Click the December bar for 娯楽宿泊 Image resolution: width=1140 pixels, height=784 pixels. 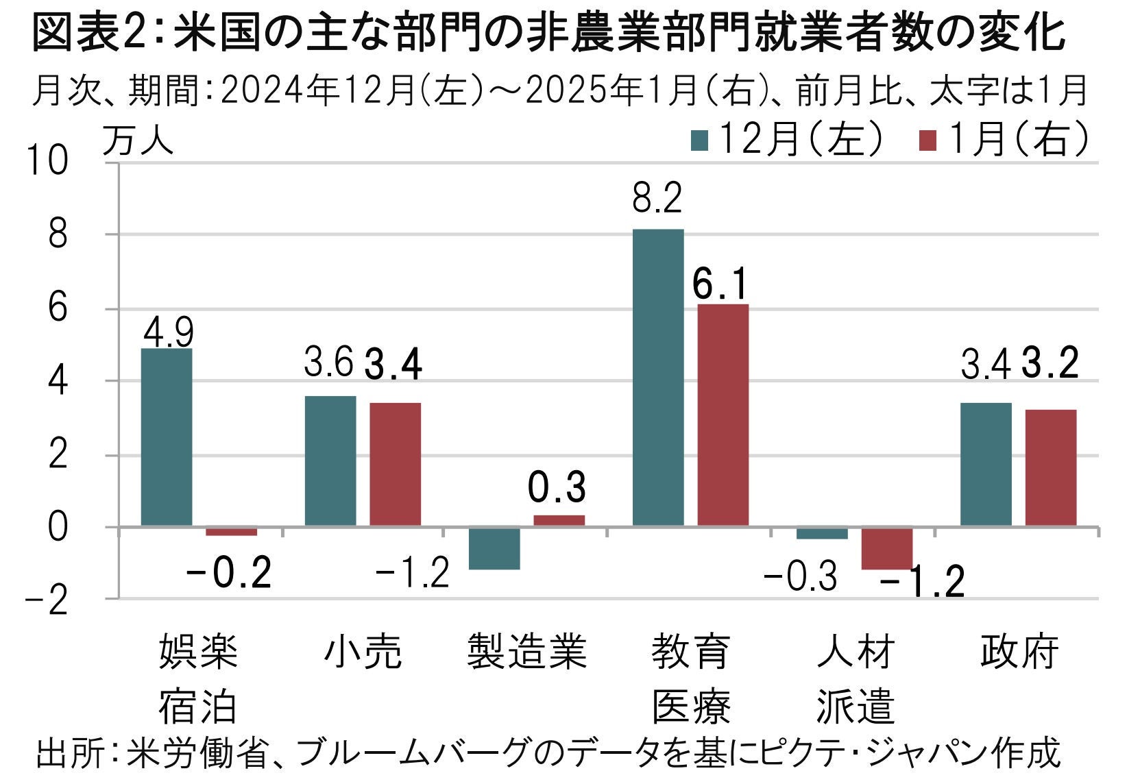click(x=167, y=437)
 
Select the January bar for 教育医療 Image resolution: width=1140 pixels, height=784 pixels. click(x=723, y=415)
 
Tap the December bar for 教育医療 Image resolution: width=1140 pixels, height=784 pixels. click(x=658, y=378)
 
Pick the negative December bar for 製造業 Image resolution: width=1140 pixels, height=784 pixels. click(x=494, y=548)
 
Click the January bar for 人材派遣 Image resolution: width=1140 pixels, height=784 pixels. click(x=887, y=548)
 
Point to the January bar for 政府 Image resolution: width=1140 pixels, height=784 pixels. click(x=1051, y=468)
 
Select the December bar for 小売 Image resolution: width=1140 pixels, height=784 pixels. click(x=330, y=461)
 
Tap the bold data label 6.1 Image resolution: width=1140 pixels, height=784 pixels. click(x=720, y=284)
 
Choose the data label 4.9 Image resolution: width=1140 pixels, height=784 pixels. click(x=169, y=332)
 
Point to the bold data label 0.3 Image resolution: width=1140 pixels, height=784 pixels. click(x=557, y=487)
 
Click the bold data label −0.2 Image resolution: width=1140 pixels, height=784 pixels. click(x=230, y=573)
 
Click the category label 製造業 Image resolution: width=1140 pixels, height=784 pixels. click(x=526, y=651)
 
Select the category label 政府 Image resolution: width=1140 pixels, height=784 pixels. click(x=1019, y=651)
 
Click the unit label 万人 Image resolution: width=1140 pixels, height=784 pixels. click(x=138, y=143)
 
